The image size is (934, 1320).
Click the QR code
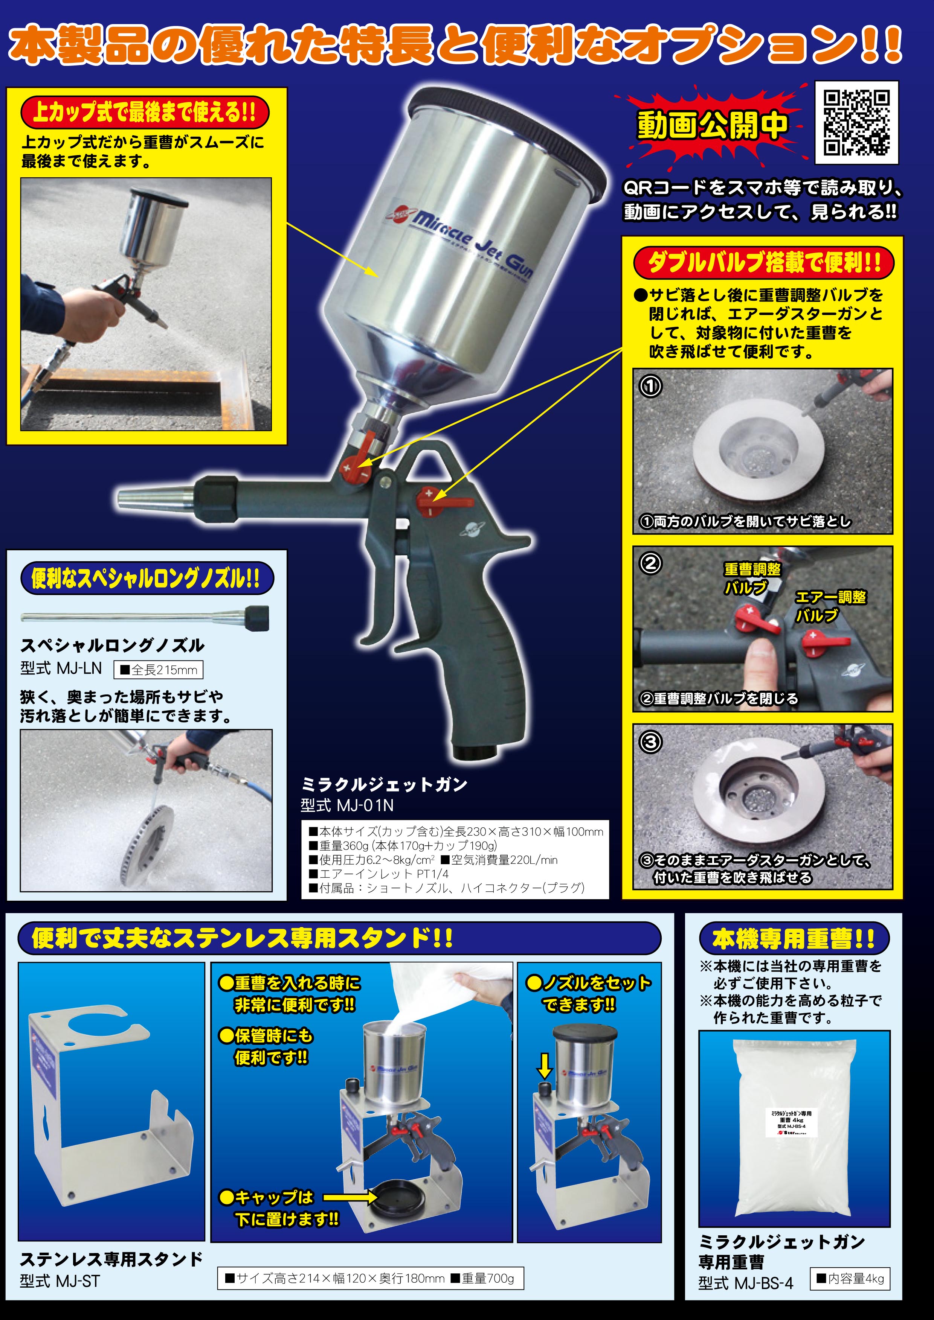[x=856, y=122]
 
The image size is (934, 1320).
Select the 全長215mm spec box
[x=159, y=670]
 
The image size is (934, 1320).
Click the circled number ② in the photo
[x=650, y=563]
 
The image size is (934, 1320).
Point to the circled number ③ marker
[x=650, y=741]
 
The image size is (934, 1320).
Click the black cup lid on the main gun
[x=506, y=132]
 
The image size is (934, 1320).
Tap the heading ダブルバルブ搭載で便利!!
[x=764, y=263]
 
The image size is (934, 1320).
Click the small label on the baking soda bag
[x=792, y=1123]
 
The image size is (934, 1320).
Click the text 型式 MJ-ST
[x=60, y=1281]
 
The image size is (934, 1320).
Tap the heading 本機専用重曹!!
[x=793, y=939]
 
